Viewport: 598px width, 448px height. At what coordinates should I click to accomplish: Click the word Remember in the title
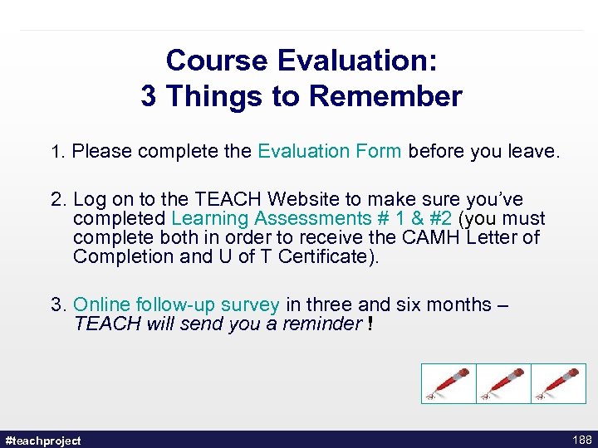point(385,97)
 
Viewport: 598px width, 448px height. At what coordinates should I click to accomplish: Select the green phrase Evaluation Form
point(330,151)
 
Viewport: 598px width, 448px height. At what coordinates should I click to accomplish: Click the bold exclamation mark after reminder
point(370,324)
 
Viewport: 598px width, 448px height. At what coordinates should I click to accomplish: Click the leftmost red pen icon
point(448,384)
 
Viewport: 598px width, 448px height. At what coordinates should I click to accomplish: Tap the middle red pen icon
point(503,384)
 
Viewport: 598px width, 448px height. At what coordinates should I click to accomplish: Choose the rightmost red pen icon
point(558,384)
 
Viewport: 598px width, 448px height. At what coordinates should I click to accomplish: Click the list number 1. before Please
point(58,152)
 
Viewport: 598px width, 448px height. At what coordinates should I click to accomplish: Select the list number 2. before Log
point(59,200)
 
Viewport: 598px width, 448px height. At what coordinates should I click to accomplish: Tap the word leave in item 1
point(534,151)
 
